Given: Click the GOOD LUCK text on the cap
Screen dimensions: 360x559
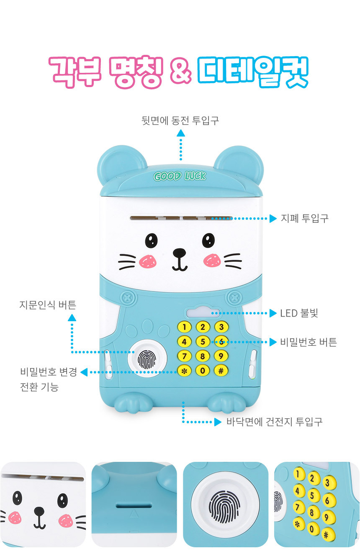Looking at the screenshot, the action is (x=180, y=176).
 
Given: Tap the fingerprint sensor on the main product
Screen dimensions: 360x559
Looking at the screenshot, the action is (x=147, y=359).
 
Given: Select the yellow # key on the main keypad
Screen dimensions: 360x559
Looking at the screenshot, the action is (x=221, y=371).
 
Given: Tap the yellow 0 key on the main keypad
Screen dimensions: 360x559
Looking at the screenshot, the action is (x=203, y=371).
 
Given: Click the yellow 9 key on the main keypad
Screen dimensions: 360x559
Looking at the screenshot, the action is (x=221, y=356).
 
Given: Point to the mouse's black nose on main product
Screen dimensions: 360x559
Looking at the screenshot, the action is (x=180, y=253).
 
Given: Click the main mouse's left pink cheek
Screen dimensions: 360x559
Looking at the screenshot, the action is (x=147, y=261).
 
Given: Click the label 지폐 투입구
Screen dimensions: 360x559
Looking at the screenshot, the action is (x=304, y=218).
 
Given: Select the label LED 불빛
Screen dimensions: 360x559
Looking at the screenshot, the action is (x=299, y=313).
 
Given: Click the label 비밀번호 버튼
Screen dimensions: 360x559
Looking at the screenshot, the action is (x=309, y=342).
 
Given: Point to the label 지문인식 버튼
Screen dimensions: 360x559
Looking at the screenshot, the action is (x=48, y=305).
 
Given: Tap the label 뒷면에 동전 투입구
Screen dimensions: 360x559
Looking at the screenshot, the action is (x=180, y=121).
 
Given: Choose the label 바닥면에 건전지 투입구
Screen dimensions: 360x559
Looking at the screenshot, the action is (x=275, y=422).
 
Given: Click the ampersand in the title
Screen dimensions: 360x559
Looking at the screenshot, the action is (x=180, y=72).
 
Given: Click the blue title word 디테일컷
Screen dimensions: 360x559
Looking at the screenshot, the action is (x=253, y=72).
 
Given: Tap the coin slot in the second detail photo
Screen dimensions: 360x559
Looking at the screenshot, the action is (x=134, y=505).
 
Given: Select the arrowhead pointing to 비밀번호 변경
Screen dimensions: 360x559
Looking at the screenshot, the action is (x=84, y=372).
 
